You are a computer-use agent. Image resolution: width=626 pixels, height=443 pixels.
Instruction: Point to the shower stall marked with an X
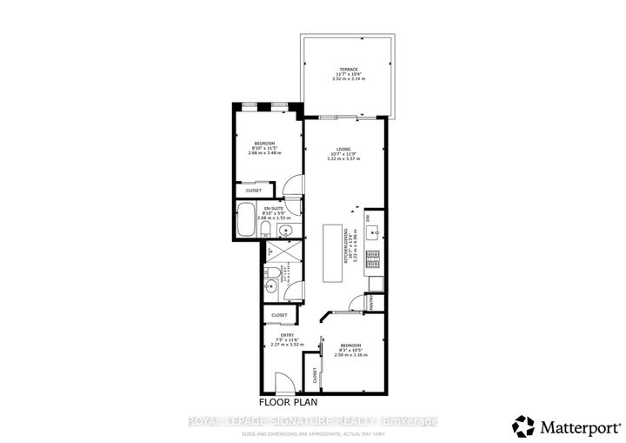coord(280,252)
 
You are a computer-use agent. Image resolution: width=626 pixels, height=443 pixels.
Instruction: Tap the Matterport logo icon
coord(524,426)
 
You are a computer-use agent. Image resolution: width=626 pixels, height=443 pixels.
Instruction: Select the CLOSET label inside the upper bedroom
coord(254,190)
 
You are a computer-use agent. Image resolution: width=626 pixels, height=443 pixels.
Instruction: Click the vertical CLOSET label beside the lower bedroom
coord(315,374)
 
